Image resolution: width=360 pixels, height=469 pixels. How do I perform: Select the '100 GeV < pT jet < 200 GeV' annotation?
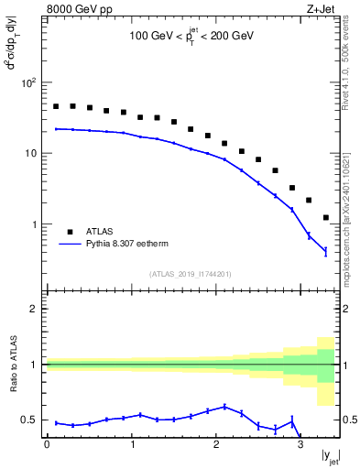coord(190,38)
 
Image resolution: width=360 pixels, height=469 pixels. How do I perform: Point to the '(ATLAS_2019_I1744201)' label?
coord(190,273)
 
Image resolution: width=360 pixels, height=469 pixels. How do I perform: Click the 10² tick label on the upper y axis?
coord(27,82)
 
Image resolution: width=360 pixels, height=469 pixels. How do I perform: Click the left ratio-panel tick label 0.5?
coord(29,420)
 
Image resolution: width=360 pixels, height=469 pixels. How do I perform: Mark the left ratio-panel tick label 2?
coord(35,309)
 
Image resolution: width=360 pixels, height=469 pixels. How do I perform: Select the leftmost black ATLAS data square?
coord(56,106)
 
